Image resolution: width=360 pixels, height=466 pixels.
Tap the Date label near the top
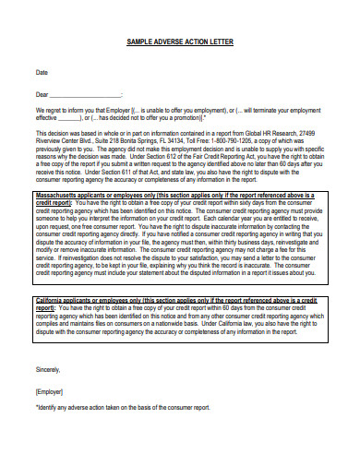42,71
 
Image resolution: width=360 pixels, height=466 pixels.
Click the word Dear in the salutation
42,93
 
